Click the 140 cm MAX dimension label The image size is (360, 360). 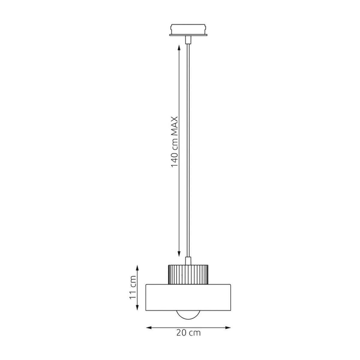[174, 142]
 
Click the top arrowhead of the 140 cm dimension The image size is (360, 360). [179, 48]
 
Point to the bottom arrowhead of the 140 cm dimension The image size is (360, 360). [179, 254]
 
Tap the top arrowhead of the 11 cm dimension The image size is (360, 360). [137, 268]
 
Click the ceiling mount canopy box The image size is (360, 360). [188, 29]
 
